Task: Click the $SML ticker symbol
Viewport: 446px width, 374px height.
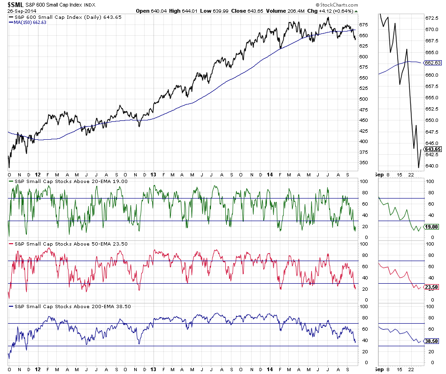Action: pos(15,5)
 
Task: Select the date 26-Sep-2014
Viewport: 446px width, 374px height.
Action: pos(21,11)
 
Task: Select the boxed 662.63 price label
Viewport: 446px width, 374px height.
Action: pos(432,63)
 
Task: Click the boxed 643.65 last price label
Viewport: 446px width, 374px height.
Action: pos(432,150)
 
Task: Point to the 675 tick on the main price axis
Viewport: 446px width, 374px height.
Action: pos(364,25)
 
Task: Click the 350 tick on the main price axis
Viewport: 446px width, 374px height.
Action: pos(364,163)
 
